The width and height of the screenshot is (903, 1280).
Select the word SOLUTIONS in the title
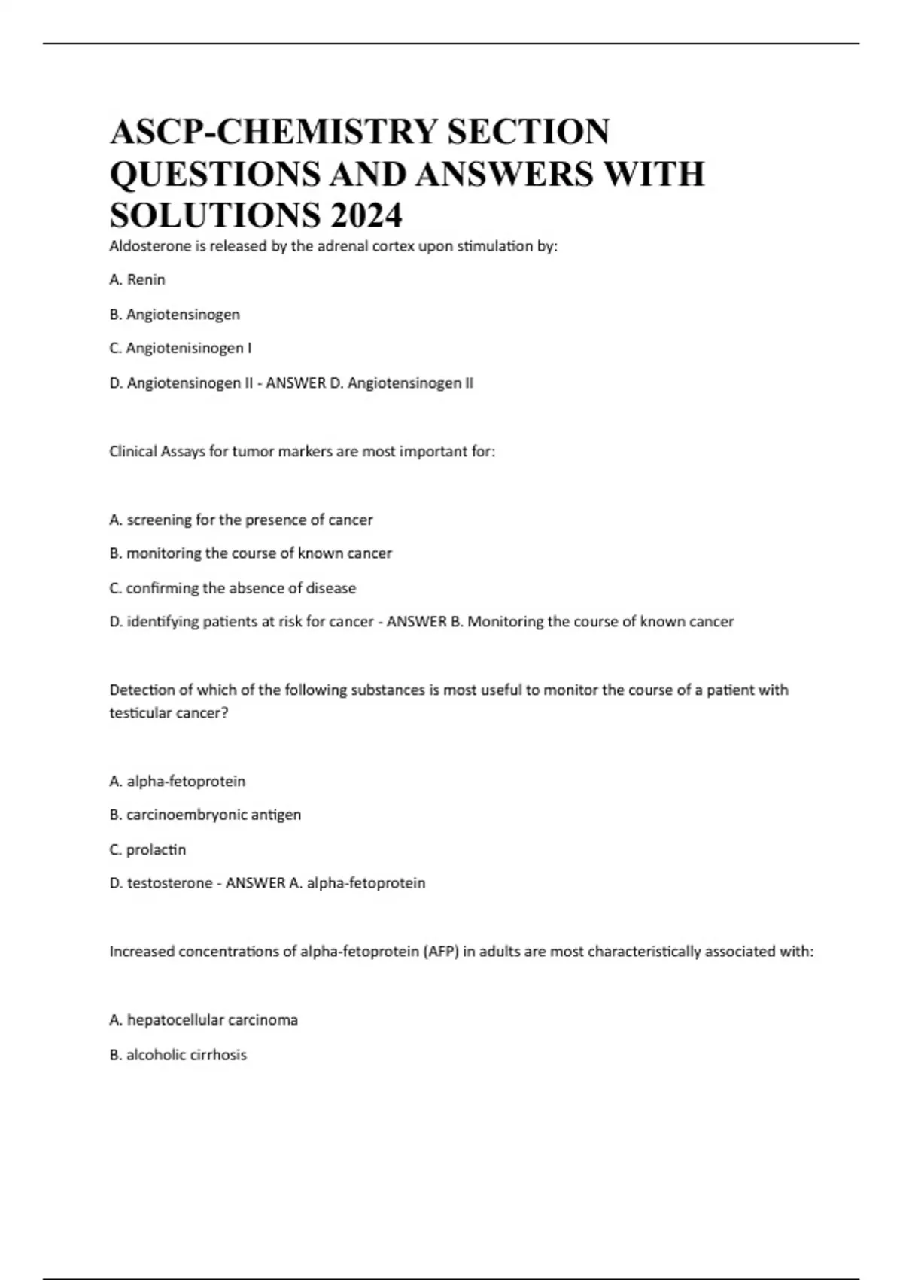click(214, 215)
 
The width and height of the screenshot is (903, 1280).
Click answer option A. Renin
click(137, 279)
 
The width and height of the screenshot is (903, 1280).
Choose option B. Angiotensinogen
click(175, 314)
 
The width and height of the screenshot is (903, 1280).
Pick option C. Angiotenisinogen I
click(181, 348)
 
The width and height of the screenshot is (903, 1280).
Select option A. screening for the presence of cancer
click(241, 520)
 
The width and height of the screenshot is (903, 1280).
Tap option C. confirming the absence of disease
click(233, 588)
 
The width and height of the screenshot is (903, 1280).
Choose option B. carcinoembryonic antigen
click(205, 815)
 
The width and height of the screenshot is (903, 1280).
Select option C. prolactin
click(147, 849)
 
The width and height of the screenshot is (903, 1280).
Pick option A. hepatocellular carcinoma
click(203, 1020)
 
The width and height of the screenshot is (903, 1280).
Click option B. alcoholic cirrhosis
click(178, 1055)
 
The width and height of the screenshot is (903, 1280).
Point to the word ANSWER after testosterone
click(255, 883)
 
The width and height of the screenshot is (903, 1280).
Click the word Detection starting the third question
click(141, 690)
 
